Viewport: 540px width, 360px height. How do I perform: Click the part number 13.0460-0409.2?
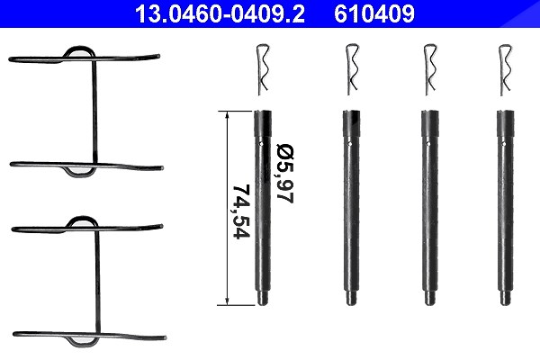tap(220, 13)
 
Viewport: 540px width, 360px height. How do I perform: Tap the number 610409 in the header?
tap(374, 13)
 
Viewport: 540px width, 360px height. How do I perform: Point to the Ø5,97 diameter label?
tap(284, 174)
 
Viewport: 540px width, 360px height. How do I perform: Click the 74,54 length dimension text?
tap(241, 211)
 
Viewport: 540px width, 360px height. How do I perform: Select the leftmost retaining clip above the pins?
tap(263, 69)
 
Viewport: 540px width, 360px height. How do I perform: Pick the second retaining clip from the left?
tap(352, 69)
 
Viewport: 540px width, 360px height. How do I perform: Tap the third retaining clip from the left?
tap(429, 69)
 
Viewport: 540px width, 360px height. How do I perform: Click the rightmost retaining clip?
tap(505, 69)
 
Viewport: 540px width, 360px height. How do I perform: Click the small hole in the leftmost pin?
tap(261, 143)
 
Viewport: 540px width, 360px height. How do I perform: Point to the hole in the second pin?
tap(350, 144)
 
